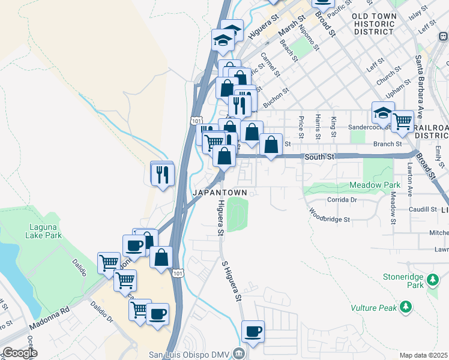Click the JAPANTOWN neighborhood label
[220, 193]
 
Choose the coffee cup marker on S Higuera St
[253, 332]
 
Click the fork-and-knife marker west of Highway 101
[162, 174]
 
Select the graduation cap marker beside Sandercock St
[383, 113]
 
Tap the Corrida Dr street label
[342, 200]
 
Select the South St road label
[319, 157]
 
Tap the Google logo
[20, 353]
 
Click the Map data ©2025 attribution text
[423, 355]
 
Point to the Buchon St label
[276, 98]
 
